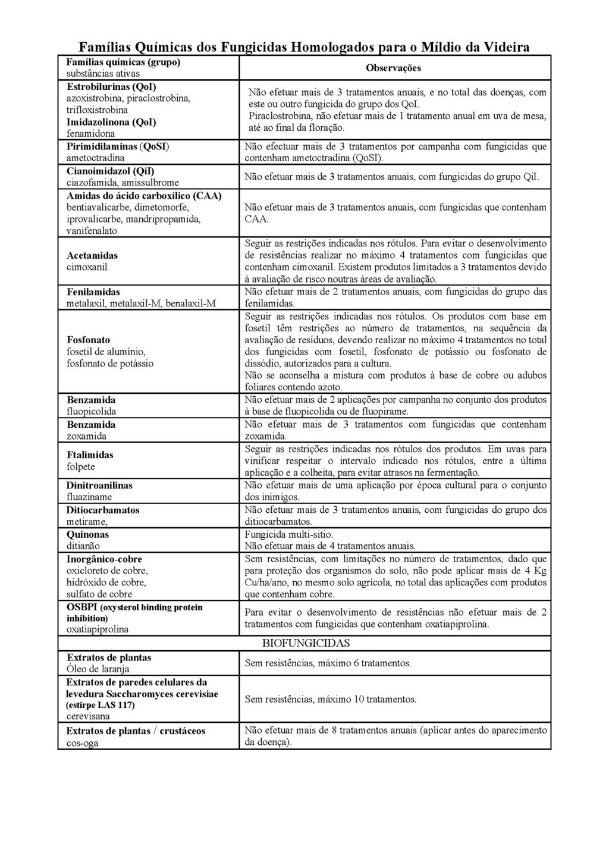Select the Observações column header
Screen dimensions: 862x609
coord(393,68)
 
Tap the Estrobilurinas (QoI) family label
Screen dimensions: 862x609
coord(111,86)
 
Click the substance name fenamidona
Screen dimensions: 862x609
coord(90,134)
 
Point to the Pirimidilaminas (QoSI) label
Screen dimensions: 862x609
coord(118,146)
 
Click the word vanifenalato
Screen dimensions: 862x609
coord(92,231)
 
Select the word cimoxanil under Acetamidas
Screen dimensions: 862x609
coord(87,267)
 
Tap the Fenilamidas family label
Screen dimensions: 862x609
coord(93,292)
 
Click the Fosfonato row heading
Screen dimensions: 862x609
coord(89,340)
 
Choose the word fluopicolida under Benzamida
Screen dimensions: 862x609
coord(91,412)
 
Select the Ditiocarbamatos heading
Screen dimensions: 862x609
coord(103,510)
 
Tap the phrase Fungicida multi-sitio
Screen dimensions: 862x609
coord(289,534)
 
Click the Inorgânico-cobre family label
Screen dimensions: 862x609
coord(104,559)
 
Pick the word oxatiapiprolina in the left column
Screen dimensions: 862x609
coord(98,629)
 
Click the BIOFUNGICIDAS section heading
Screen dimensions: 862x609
coord(306,643)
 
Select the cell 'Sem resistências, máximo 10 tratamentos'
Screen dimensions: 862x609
coord(330,699)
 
